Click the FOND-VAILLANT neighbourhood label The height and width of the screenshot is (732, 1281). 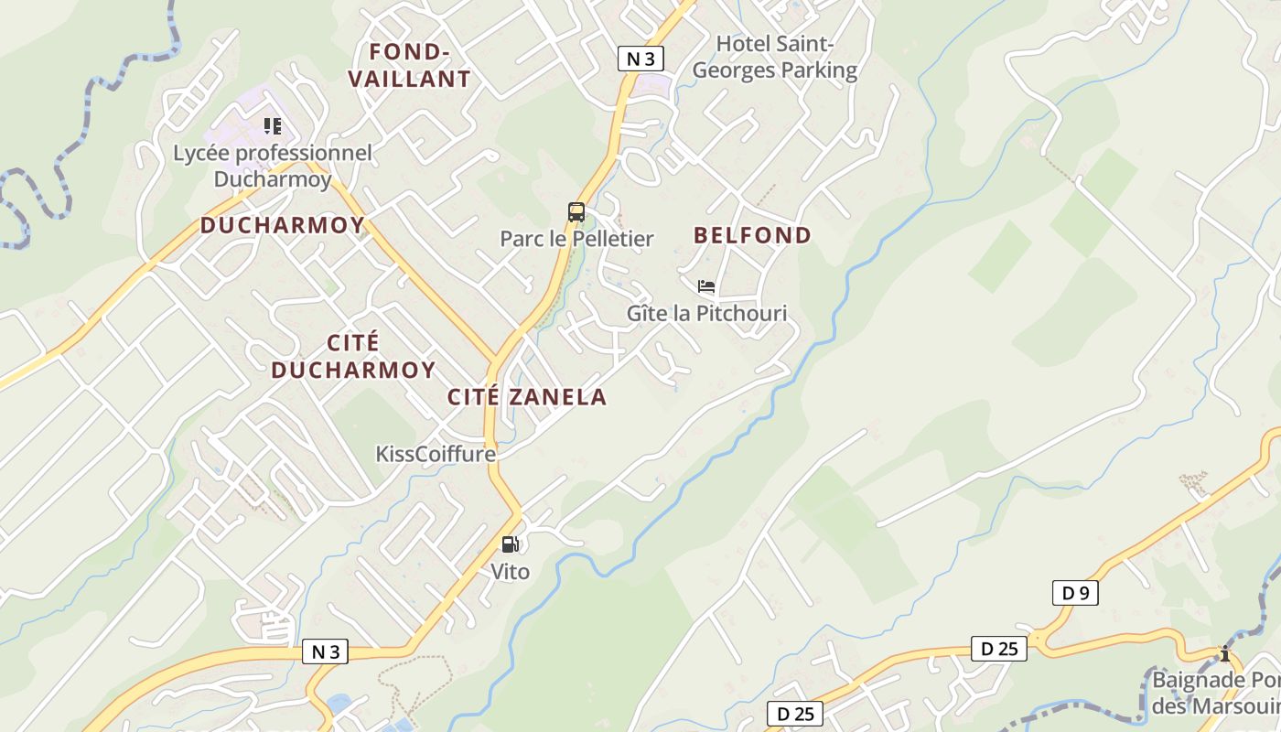coord(409,65)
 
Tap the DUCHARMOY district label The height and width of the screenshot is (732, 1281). coord(283,225)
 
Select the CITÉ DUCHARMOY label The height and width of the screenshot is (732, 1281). coord(353,356)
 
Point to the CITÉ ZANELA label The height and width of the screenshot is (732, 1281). coord(527,397)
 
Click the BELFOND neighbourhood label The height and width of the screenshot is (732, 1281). coord(752,236)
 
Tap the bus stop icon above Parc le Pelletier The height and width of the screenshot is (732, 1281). coord(576,212)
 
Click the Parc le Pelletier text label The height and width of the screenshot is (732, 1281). coord(576,240)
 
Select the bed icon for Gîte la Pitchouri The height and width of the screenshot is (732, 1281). coord(705,286)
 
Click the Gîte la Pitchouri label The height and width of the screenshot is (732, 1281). coord(706,314)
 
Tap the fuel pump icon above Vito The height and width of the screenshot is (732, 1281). coord(510,544)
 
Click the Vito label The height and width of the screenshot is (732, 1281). coord(510,572)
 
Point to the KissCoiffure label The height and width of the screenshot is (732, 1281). coord(436,455)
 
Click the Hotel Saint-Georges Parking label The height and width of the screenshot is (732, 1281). coord(775,57)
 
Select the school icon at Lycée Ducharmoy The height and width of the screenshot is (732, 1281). coord(272,126)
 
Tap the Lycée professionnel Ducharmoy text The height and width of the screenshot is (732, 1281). coord(273,166)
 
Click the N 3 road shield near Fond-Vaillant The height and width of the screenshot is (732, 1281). coord(640,59)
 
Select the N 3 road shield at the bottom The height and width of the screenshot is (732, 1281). coord(325,651)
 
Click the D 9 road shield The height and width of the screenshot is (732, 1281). coord(1075,593)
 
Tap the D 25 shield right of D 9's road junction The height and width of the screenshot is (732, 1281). coord(999,649)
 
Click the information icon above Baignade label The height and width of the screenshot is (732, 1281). coord(1225,653)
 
